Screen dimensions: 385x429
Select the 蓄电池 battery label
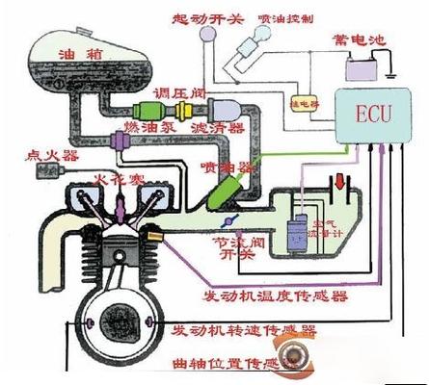(358, 40)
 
